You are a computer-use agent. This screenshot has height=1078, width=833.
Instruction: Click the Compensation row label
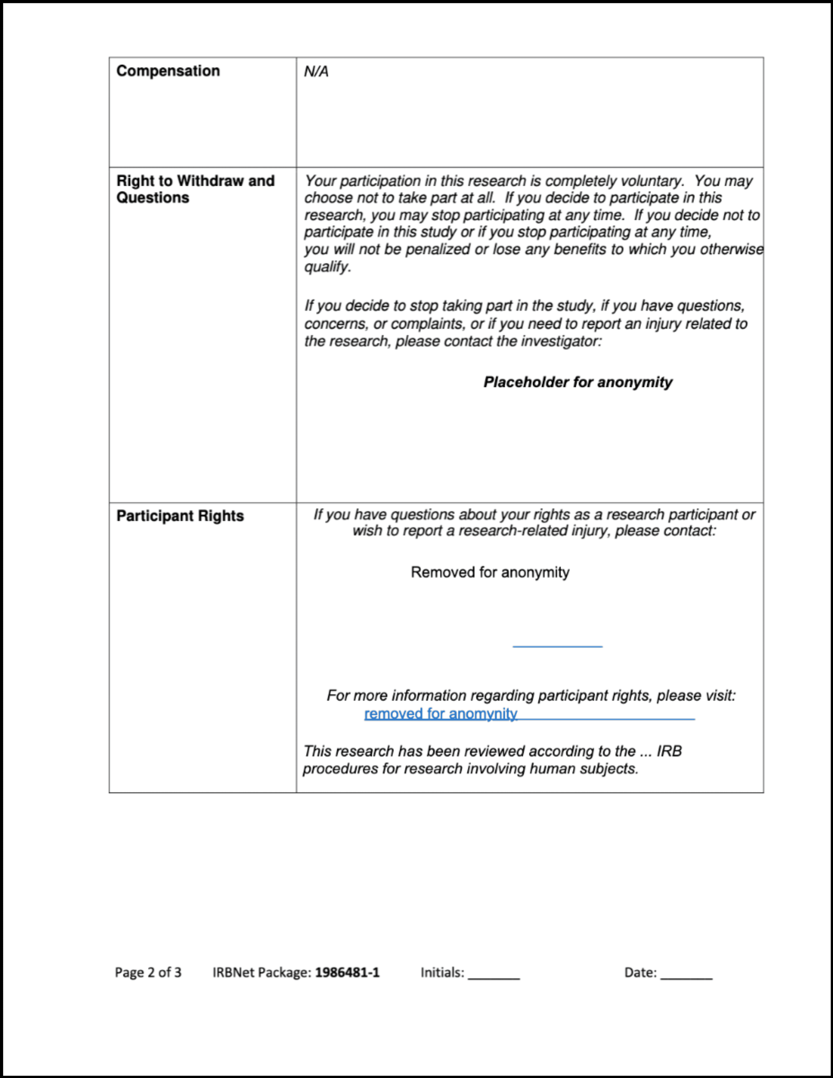click(168, 71)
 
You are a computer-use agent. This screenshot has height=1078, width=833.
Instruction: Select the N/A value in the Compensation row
click(316, 72)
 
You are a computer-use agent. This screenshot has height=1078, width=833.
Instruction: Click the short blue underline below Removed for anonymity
click(557, 646)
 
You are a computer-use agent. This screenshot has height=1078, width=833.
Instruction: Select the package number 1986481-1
click(347, 972)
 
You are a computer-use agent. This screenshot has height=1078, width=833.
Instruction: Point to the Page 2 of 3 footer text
click(148, 972)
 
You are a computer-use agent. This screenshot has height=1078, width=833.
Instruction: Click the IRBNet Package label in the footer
click(262, 972)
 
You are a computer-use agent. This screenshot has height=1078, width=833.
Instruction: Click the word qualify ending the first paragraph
click(327, 267)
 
